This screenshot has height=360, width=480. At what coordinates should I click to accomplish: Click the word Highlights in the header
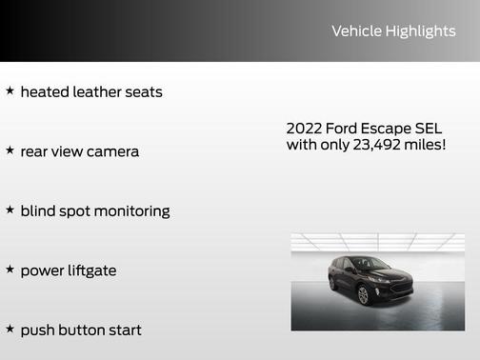coord(420,31)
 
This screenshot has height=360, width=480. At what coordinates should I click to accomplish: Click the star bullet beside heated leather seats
coord(10,91)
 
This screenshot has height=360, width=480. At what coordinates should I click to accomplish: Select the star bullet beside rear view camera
coord(10,150)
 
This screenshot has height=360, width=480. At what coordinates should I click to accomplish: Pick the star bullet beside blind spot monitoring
coord(10,210)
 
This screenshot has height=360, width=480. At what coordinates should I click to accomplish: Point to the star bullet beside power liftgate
coord(10,270)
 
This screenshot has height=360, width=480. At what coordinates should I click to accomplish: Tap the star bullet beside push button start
coord(10,329)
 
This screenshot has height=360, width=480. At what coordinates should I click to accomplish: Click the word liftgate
coord(88,270)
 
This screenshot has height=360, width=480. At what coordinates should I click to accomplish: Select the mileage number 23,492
coord(374,145)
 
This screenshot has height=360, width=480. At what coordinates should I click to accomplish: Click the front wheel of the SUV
coord(363,295)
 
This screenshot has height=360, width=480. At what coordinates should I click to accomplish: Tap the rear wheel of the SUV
coord(332,284)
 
